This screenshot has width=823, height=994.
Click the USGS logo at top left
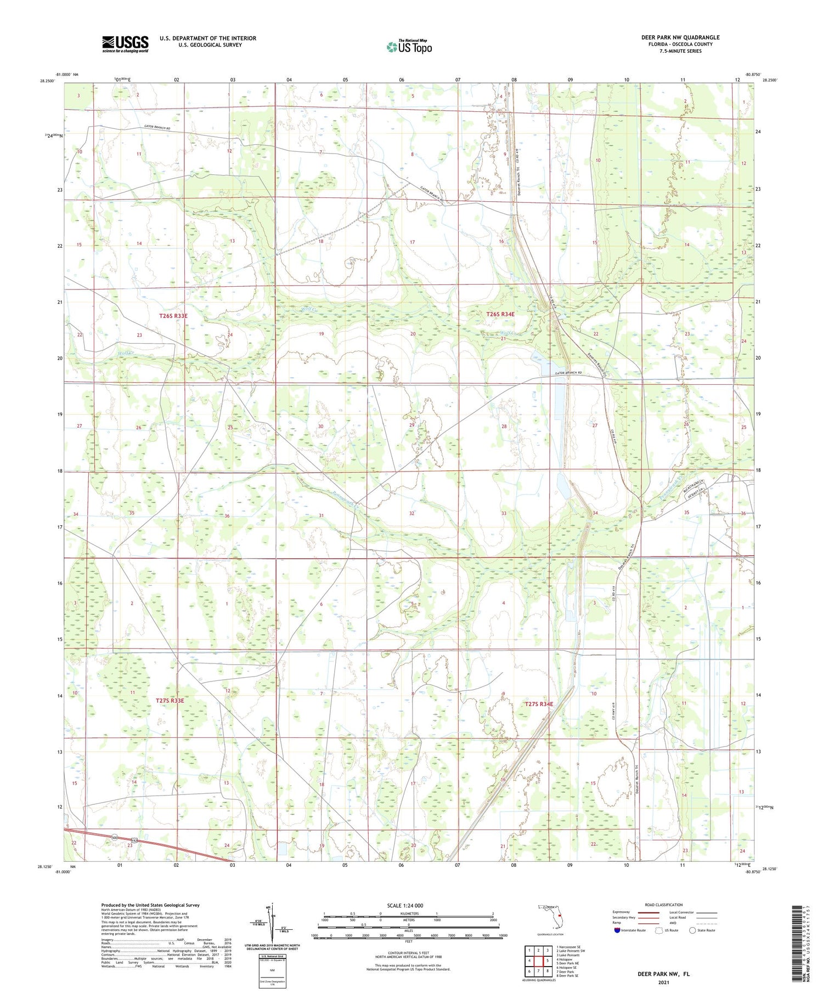[x=125, y=44]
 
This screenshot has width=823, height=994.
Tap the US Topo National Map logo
[x=409, y=47]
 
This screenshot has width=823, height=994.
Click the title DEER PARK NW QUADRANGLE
[x=680, y=37]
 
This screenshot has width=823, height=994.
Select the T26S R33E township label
[x=173, y=316]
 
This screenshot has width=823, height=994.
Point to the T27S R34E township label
[x=539, y=703]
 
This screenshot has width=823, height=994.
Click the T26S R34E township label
[x=500, y=314]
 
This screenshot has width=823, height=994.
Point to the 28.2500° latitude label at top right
[x=769, y=80]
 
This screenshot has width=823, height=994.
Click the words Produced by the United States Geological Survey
[x=150, y=905]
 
